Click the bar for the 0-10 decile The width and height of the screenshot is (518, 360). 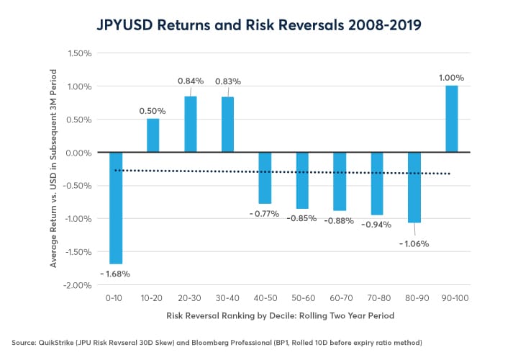[x=116, y=208]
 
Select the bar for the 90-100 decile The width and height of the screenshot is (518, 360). [x=452, y=119]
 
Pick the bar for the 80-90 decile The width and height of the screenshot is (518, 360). [x=414, y=187]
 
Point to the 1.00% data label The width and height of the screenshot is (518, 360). [x=452, y=78]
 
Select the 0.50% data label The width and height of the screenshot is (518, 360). [x=153, y=111]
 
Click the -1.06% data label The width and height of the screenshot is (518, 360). [x=414, y=243]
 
